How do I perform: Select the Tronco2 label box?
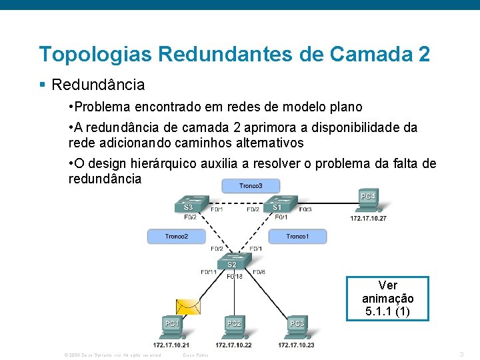176,236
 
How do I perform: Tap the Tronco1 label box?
297,236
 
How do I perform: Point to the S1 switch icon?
279,205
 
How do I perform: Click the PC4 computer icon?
367,201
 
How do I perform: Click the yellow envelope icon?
187,306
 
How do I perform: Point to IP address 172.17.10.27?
369,218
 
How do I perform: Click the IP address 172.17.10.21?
171,345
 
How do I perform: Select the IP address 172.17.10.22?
233,345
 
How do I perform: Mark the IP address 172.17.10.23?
296,345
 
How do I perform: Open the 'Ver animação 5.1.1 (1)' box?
387,299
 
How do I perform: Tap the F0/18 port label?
235,276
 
